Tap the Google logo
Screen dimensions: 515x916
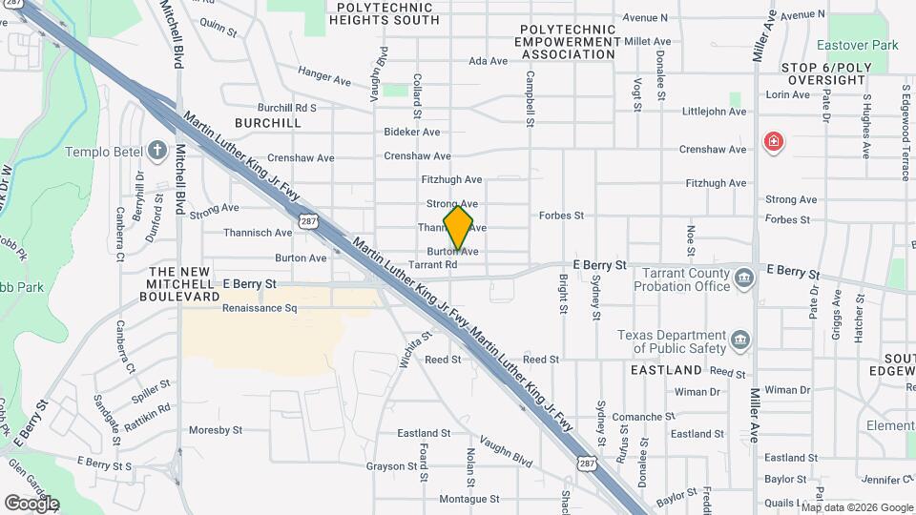[x=31, y=503]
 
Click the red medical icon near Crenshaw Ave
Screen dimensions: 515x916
[x=773, y=144]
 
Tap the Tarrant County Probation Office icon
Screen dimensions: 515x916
[x=744, y=278]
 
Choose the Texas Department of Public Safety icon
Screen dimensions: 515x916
[x=739, y=340]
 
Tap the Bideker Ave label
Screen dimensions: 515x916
[x=411, y=132]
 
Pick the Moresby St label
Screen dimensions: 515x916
[x=216, y=430]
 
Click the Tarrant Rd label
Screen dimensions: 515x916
[x=439, y=265]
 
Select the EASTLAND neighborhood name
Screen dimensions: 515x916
[x=666, y=369]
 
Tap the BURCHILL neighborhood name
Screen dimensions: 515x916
[x=267, y=123]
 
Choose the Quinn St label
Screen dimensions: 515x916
[x=219, y=28]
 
